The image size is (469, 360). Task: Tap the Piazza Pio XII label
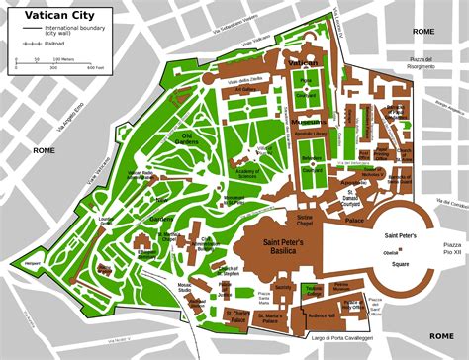[453, 247]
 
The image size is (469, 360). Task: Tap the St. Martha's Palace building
[270, 318]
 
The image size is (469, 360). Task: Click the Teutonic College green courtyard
[314, 290]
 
